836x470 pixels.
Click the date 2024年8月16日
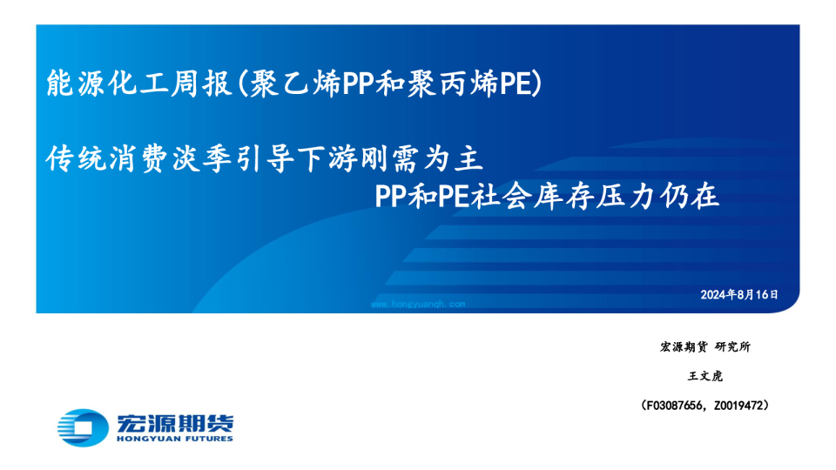click(x=739, y=295)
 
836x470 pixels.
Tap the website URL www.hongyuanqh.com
click(x=418, y=305)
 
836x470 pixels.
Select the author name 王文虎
click(x=705, y=376)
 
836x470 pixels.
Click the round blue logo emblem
click(x=83, y=427)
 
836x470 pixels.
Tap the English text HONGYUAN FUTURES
click(x=175, y=439)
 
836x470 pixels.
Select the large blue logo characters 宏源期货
click(x=175, y=423)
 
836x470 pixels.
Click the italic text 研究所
click(x=733, y=347)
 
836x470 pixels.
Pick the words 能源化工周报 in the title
click(x=138, y=84)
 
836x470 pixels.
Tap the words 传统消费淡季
click(x=140, y=158)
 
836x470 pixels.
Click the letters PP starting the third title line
click(x=391, y=196)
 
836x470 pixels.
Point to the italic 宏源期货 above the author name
click(x=684, y=347)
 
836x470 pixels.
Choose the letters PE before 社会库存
click(x=454, y=196)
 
